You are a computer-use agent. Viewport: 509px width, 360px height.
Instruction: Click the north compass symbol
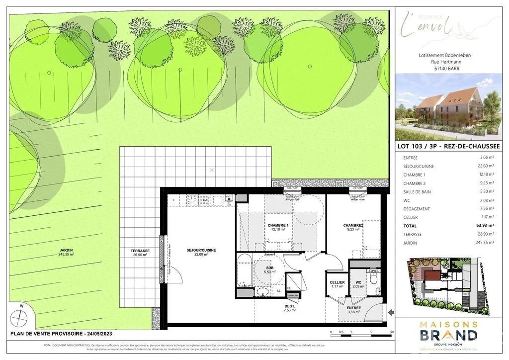pos(19,316)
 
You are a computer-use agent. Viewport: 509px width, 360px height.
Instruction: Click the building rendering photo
pos(444,107)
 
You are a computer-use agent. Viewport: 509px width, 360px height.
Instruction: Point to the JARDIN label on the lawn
pos(66,252)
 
